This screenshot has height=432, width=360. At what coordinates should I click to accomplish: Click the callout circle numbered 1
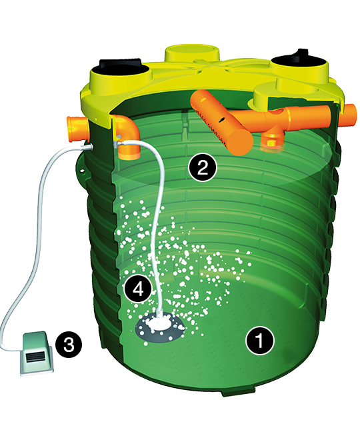coord(260,341)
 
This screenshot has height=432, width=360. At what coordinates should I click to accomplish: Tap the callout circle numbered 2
coord(203,167)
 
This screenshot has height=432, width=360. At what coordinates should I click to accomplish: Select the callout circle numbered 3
coord(69,344)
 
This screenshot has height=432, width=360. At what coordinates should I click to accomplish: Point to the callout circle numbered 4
coord(138,289)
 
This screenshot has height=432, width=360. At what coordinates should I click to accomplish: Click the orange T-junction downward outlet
coord(271,139)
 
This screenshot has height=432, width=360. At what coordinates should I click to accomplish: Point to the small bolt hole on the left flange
coord(82,171)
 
